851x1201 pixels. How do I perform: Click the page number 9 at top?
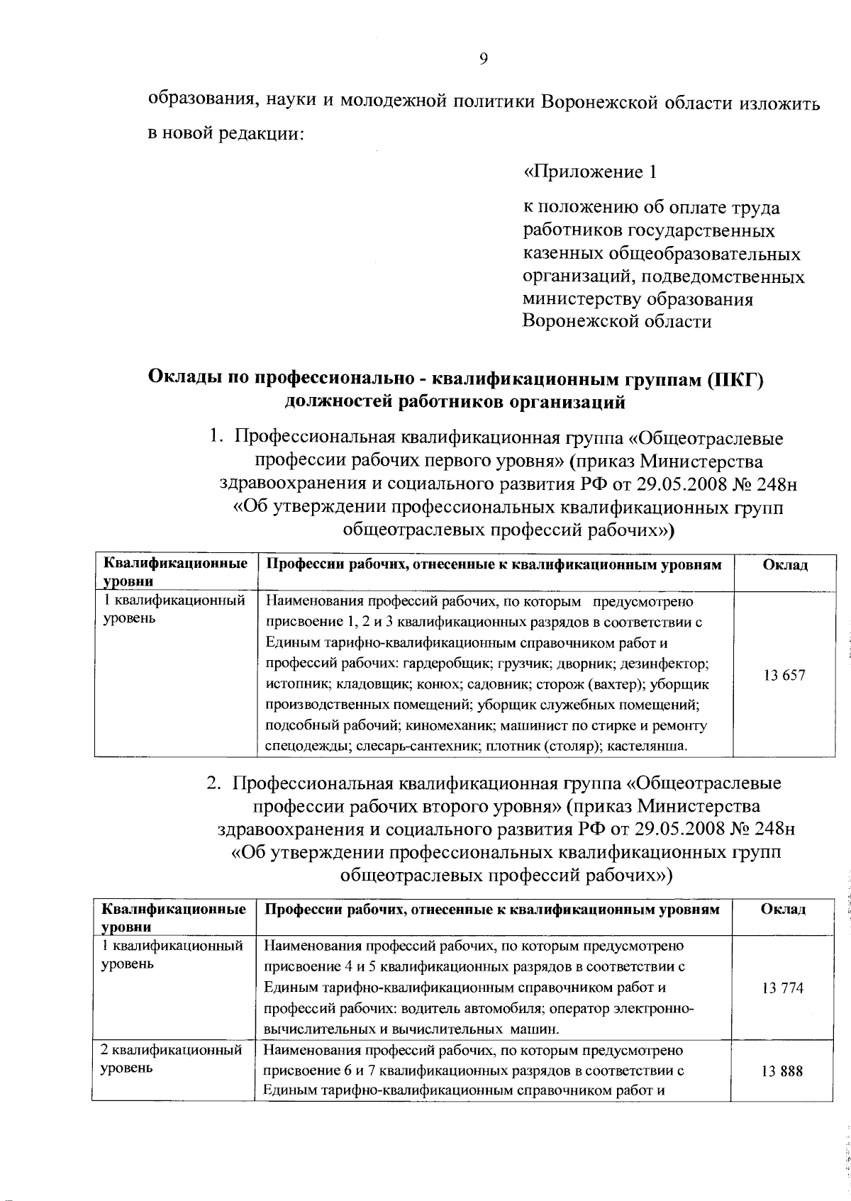click(483, 60)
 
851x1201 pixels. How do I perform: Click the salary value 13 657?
click(784, 676)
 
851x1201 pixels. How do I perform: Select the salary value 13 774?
click(782, 988)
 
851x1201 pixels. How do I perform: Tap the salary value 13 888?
click(782, 1071)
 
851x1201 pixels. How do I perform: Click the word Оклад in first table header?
click(784, 565)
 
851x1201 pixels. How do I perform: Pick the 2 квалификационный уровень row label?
click(171, 1058)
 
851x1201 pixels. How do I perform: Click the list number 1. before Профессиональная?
click(218, 438)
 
